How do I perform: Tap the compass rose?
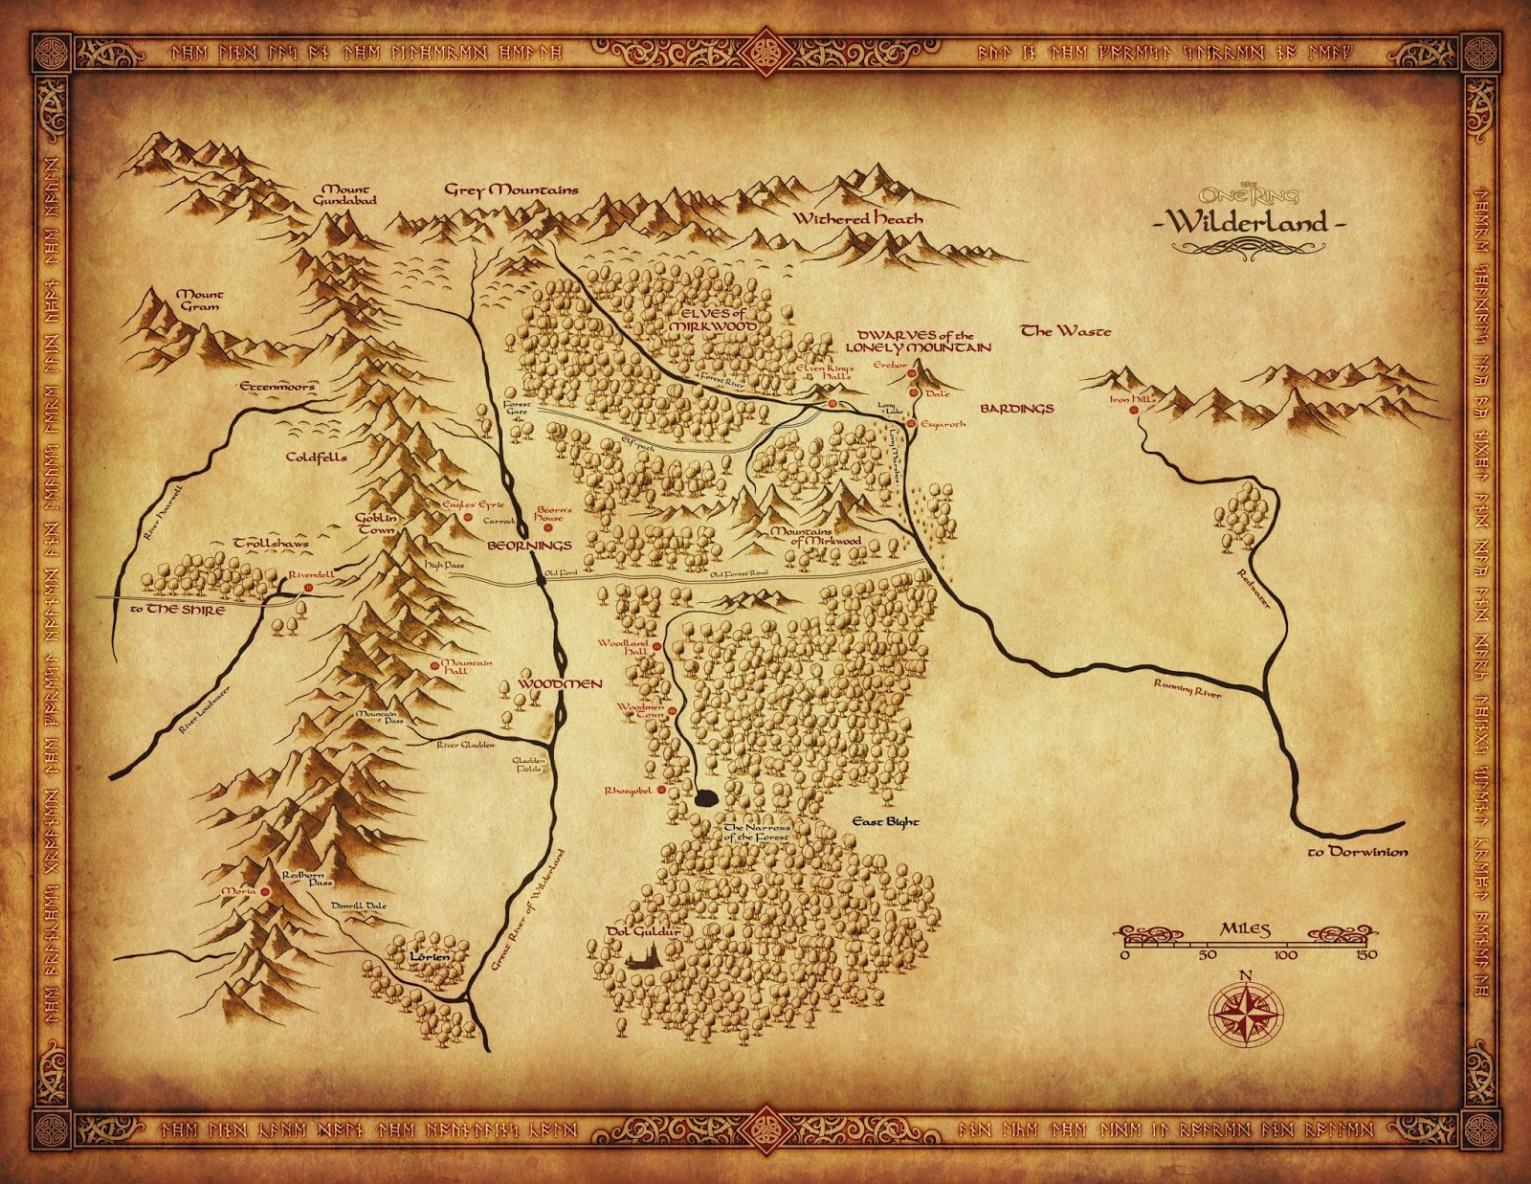(1246, 1012)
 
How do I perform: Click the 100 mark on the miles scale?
(1285, 954)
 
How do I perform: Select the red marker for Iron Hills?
(1134, 410)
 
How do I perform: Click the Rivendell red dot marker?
(308, 588)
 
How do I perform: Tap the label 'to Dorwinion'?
(1357, 851)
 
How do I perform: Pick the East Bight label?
(885, 821)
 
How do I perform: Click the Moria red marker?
(265, 891)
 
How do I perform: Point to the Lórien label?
(428, 956)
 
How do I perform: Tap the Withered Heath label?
(857, 218)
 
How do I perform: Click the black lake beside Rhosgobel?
(706, 796)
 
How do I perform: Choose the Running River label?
(1187, 687)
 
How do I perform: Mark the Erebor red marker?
(912, 374)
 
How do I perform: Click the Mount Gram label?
(200, 300)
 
